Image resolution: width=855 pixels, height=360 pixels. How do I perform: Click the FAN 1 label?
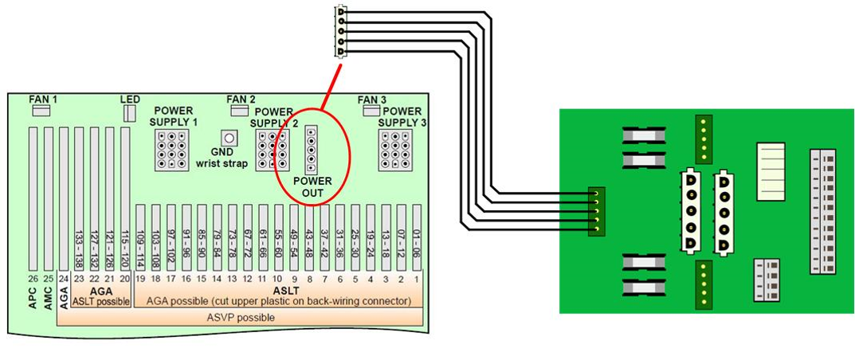[44, 100]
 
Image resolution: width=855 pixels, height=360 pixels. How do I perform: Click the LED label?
[130, 100]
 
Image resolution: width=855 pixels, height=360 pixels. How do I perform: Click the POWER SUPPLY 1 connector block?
[172, 149]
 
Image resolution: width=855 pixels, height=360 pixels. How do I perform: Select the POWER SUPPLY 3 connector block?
[395, 149]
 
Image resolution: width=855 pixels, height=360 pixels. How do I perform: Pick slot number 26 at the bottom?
[33, 278]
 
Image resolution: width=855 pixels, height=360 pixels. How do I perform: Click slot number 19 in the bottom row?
[140, 278]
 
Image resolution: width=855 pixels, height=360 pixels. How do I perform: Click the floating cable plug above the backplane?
[341, 32]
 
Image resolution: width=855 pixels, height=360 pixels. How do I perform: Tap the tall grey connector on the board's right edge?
[823, 211]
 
